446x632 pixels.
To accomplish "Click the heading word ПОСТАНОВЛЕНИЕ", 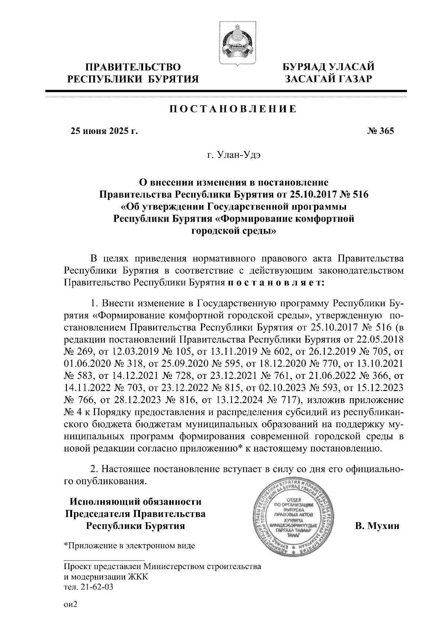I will coord(233,109).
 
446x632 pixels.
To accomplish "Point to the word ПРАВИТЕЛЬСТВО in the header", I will coord(133,67).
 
